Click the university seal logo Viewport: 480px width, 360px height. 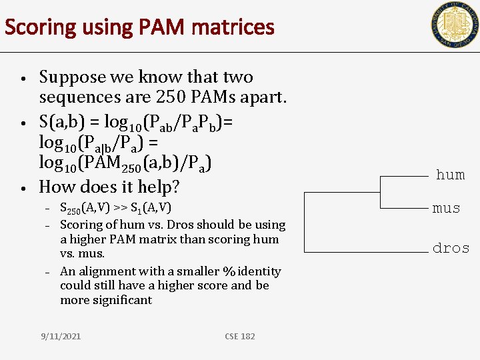point(454,25)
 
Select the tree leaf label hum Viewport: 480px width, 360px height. point(450,175)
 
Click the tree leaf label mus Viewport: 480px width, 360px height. point(446,208)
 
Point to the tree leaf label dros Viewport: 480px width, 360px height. point(451,248)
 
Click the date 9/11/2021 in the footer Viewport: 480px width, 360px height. point(60,336)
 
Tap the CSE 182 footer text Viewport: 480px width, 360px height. point(240,336)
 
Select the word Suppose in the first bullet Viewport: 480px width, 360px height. point(72,77)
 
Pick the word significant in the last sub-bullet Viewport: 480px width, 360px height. point(123,300)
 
